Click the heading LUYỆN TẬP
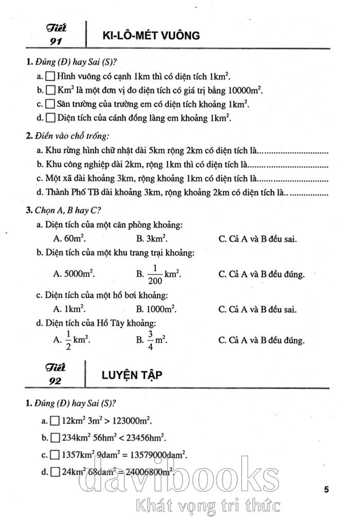pyautogui.click(x=132, y=374)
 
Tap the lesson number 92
pyautogui.click(x=55, y=381)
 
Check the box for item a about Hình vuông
pyautogui.click(x=50, y=76)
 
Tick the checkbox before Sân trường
pyautogui.click(x=50, y=104)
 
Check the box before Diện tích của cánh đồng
pyautogui.click(x=50, y=118)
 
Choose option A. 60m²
pyautogui.click(x=69, y=239)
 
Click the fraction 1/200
pyautogui.click(x=155, y=274)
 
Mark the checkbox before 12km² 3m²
pyautogui.click(x=55, y=421)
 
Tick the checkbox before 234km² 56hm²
pyautogui.click(x=55, y=438)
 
